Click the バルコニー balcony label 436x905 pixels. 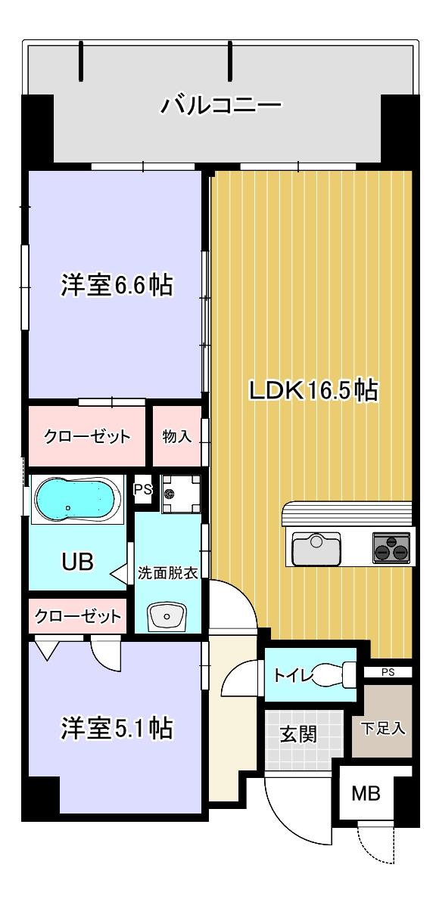click(220, 104)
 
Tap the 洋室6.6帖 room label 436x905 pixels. click(117, 286)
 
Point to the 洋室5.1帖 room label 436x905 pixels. click(117, 728)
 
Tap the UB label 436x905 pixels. click(77, 561)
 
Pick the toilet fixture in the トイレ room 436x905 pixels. click(333, 674)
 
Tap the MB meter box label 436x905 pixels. click(366, 793)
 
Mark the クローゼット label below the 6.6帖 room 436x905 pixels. click(87, 437)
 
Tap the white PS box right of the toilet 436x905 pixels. click(388, 671)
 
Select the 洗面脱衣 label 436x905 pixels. click(168, 572)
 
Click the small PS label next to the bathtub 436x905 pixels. click(142, 489)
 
